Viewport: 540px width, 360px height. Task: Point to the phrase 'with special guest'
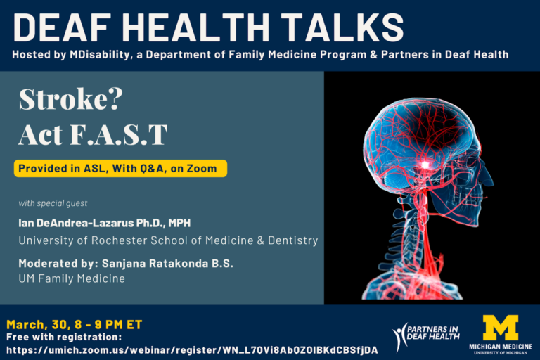[x=53, y=203]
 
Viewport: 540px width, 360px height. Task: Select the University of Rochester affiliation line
[x=168, y=240]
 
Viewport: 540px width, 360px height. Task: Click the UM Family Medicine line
[x=72, y=279]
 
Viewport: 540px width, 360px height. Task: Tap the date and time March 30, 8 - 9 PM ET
[x=75, y=324]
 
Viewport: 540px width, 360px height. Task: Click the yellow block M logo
[x=501, y=328]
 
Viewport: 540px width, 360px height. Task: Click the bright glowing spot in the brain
[x=424, y=164]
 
